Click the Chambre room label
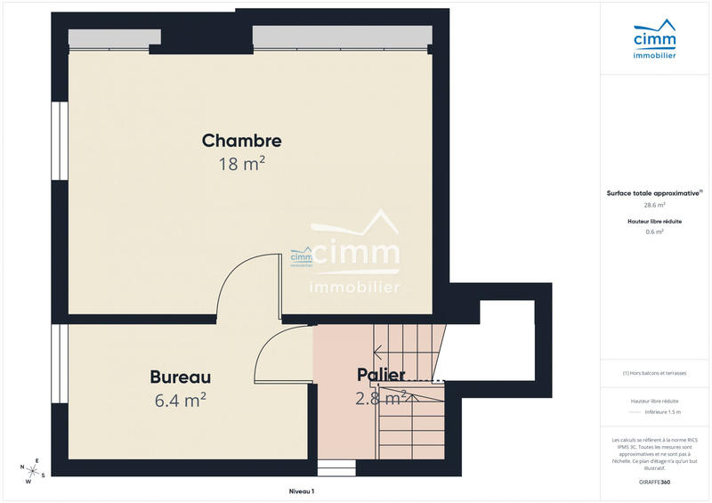(x=241, y=141)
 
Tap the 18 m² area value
(x=241, y=164)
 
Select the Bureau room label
(x=180, y=377)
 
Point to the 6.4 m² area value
(x=180, y=401)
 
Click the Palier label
(x=381, y=375)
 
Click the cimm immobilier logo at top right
(x=654, y=43)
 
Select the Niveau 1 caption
(x=302, y=491)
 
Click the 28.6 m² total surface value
(x=654, y=205)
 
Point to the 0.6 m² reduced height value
(x=654, y=231)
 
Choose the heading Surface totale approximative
(x=653, y=192)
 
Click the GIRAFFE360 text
(x=654, y=482)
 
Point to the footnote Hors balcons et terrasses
(x=656, y=373)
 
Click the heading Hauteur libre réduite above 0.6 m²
(x=654, y=221)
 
